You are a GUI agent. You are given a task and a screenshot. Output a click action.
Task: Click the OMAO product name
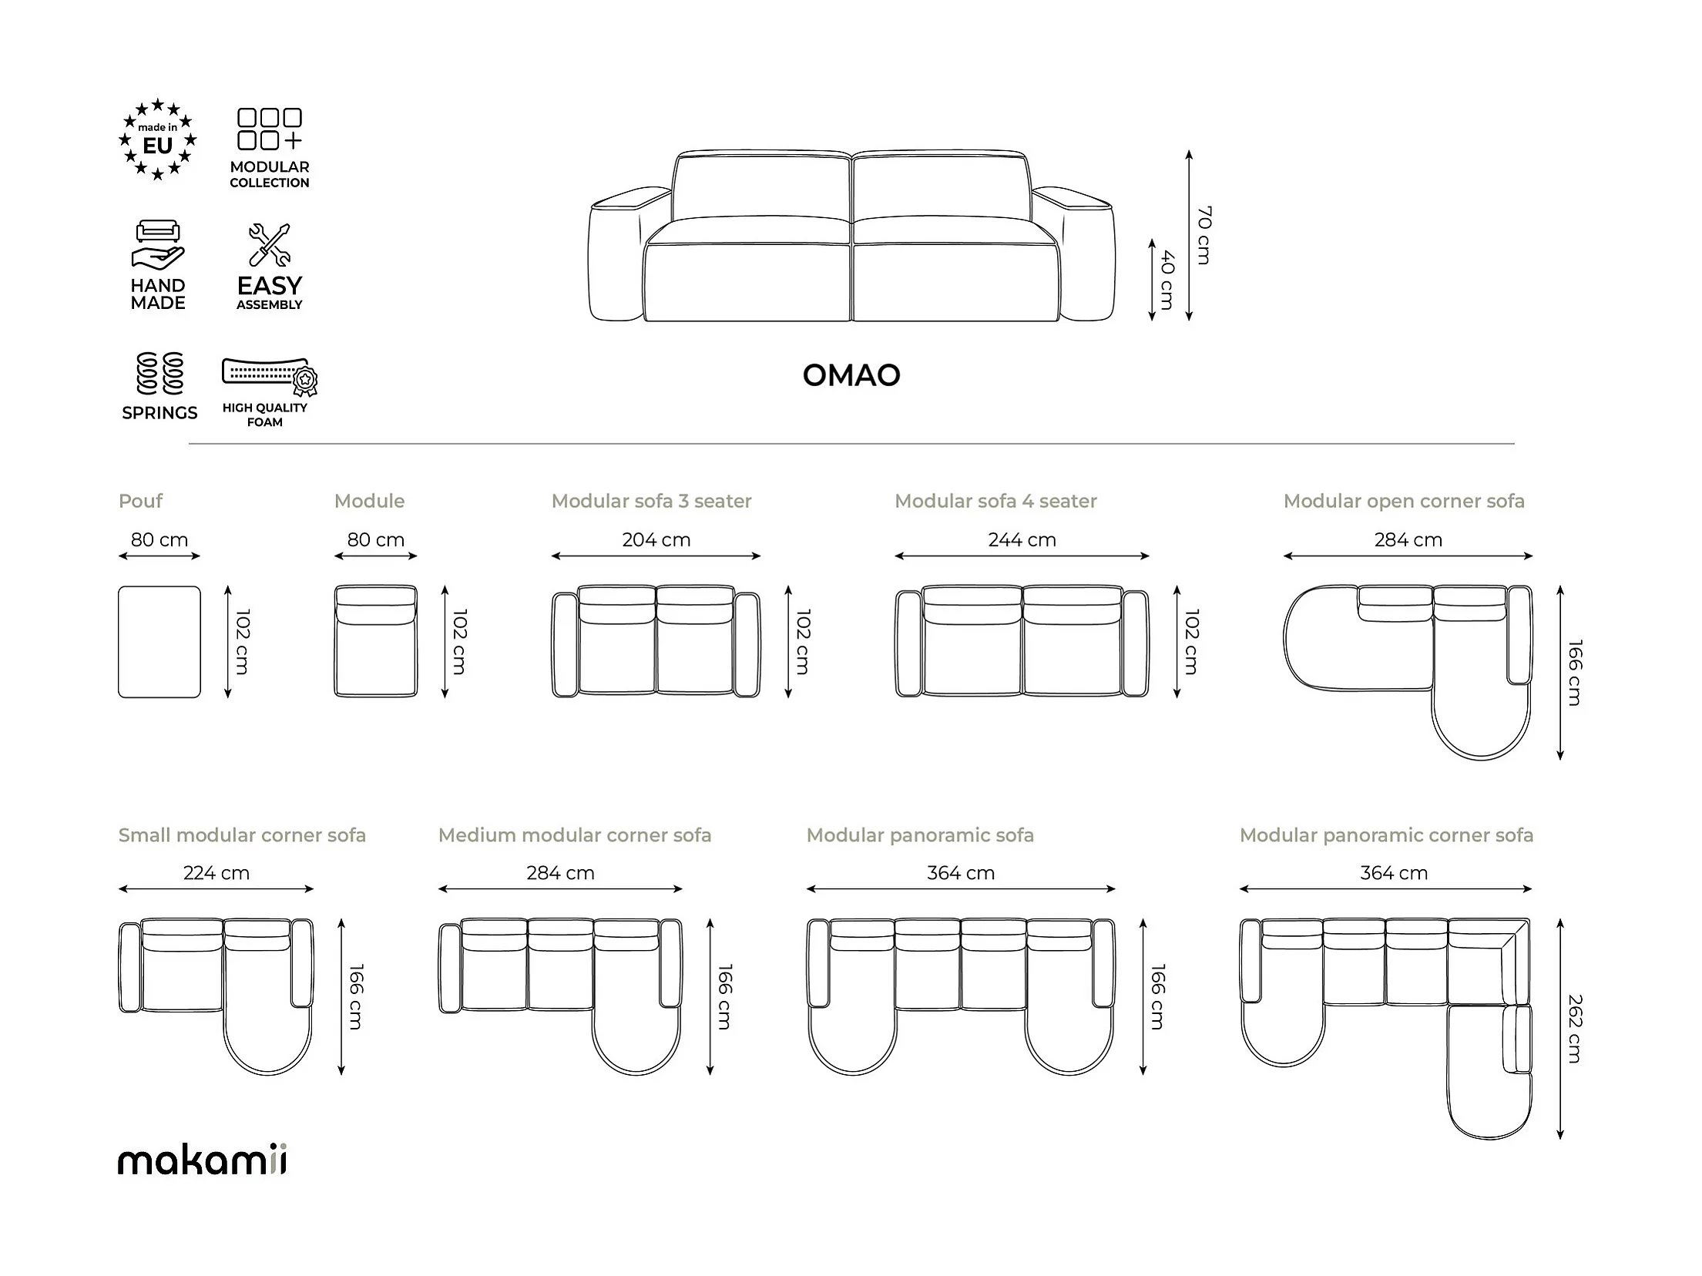851,375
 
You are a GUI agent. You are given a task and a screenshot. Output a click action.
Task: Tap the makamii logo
202,1160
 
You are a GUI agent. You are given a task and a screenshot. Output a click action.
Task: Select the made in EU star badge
158,139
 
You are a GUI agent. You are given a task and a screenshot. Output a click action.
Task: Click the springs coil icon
159,374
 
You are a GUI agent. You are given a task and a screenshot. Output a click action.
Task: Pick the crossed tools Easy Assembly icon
270,244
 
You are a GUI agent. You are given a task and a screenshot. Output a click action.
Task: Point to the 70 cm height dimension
1203,235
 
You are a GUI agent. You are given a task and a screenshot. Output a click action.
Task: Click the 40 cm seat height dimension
1167,280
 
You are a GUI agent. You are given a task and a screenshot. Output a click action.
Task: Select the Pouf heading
140,501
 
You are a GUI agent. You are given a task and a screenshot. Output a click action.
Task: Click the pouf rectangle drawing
159,642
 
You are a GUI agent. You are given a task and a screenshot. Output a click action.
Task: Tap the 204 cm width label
656,539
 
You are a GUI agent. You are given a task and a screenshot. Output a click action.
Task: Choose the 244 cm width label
1022,539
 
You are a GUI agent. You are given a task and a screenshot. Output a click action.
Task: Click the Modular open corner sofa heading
1404,501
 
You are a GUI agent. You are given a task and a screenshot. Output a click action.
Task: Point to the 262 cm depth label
1575,1029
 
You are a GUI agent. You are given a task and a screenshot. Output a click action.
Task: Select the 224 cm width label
217,873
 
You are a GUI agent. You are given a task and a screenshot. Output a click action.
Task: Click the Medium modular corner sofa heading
575,835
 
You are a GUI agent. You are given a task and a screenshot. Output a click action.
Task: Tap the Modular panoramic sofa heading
920,835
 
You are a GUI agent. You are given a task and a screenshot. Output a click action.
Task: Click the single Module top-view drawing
376,641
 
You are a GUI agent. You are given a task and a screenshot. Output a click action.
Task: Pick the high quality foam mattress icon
270,375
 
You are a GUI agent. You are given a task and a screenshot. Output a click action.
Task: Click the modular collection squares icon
270,129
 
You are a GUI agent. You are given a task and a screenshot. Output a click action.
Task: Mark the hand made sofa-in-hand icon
158,244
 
